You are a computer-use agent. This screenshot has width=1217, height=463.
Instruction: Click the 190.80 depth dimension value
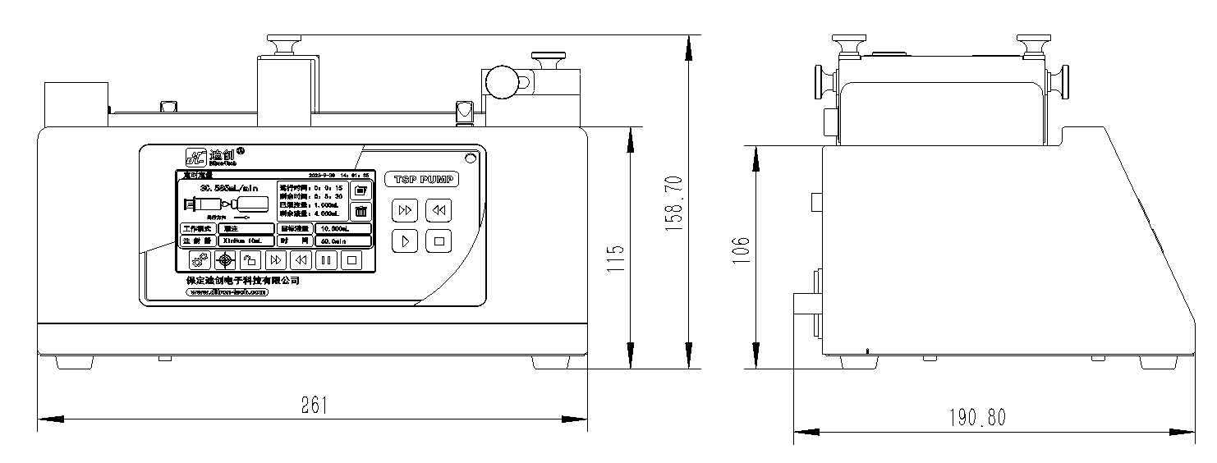pyautogui.click(x=979, y=417)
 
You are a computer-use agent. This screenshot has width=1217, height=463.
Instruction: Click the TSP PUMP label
pyautogui.click(x=421, y=180)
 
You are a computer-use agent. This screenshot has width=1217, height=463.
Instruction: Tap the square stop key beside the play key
pyautogui.click(x=439, y=241)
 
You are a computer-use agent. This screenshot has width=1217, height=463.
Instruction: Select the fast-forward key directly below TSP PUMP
pyautogui.click(x=404, y=210)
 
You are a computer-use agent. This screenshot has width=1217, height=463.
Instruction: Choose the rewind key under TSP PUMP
pyautogui.click(x=439, y=210)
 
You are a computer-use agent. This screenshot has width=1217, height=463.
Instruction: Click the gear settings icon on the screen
pyautogui.click(x=200, y=260)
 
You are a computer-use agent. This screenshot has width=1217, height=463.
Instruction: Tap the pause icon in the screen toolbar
pyautogui.click(x=326, y=260)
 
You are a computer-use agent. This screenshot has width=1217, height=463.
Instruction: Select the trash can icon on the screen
pyautogui.click(x=361, y=211)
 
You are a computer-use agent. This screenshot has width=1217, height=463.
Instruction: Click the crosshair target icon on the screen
pyautogui.click(x=226, y=260)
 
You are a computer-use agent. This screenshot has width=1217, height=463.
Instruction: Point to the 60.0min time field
pyautogui.click(x=343, y=241)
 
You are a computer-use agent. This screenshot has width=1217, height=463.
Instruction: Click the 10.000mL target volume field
pyautogui.click(x=343, y=228)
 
